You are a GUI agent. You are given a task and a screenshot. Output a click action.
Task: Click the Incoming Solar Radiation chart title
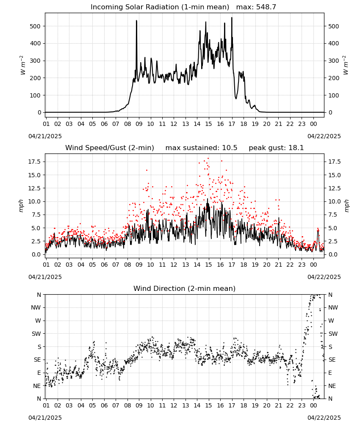[160, 7]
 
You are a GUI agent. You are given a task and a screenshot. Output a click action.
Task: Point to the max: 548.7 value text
[256, 7]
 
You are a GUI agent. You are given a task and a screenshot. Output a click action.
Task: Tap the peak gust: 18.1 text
[276, 148]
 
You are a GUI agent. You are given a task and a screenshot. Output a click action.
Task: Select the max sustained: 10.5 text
[201, 148]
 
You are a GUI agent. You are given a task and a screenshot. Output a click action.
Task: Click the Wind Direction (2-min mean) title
[185, 288]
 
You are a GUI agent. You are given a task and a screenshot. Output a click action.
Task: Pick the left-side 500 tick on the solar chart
[35, 26]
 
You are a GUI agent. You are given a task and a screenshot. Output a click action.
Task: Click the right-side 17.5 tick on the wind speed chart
[334, 162]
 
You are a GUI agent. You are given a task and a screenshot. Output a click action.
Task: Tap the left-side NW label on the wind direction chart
[36, 307]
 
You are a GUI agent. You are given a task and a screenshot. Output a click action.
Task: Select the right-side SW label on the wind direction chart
[333, 334]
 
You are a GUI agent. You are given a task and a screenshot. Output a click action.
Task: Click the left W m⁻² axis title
[23, 65]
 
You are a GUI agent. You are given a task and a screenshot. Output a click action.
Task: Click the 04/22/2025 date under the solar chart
[324, 136]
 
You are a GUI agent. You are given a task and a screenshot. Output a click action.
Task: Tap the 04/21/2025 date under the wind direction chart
[45, 418]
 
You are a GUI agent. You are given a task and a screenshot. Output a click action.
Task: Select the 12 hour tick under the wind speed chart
[174, 265]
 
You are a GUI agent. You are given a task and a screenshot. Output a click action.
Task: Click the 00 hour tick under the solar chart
[313, 124]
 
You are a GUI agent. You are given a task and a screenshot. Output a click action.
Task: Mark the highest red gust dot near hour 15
[208, 158]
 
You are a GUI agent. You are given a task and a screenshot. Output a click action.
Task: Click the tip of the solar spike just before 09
[136, 20]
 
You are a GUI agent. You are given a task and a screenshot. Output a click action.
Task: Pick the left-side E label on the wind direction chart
[39, 373]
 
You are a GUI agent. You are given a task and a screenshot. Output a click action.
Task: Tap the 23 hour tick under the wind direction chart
[302, 405]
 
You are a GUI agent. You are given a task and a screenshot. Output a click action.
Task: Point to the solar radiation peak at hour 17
[232, 17]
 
